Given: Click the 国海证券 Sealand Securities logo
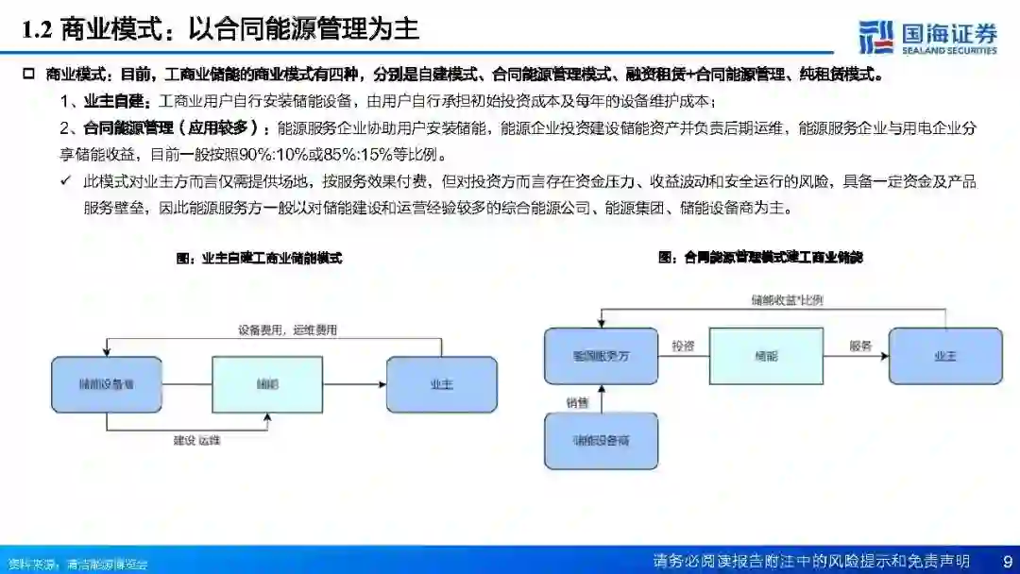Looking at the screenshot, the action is point(927,36).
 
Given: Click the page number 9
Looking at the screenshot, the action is point(1006,561).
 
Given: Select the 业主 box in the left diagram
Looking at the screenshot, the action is point(441,384).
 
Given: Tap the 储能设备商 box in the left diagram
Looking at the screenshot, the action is point(106,384).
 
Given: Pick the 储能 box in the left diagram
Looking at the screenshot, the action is point(268,384).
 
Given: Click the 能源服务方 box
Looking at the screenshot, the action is point(601,356).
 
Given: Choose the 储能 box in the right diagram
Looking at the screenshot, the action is point(765,356).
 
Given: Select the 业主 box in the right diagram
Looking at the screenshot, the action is point(944,356).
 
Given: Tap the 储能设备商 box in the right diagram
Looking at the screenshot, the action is point(601,441).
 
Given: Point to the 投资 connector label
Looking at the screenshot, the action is point(683,346).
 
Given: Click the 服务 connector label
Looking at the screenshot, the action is point(859,346).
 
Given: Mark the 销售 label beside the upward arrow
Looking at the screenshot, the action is point(577,403).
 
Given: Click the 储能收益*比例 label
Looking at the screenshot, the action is point(787,300).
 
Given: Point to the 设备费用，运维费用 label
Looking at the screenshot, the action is point(287,330).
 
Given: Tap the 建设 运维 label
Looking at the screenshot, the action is point(203,440).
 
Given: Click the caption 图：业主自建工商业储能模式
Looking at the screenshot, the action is point(259,258).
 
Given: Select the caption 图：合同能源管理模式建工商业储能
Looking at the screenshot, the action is point(760,257).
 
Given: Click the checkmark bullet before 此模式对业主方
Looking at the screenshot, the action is point(66,180).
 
